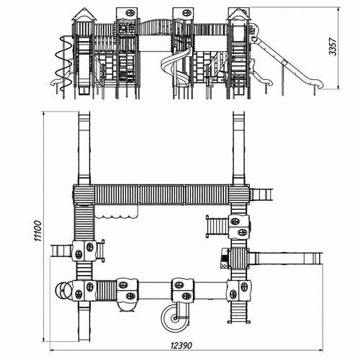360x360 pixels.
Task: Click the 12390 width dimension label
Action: pos(181,346)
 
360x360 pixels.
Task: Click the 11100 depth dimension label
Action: pos(38,231)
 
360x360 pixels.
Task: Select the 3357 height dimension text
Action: pos(333,47)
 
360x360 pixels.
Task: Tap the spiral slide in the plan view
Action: pos(175,319)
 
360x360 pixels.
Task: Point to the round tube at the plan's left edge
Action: pos(63,290)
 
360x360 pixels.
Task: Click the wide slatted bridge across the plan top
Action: pos(161,194)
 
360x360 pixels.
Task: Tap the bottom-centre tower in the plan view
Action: pos(183,290)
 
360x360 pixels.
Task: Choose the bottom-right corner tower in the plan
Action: pos(239,290)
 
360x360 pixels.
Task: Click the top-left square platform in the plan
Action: pos(84,194)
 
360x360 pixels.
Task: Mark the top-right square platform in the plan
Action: pos(239,194)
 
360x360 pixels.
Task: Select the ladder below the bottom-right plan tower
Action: pos(239,312)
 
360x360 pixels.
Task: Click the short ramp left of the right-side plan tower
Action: pos(217,226)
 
